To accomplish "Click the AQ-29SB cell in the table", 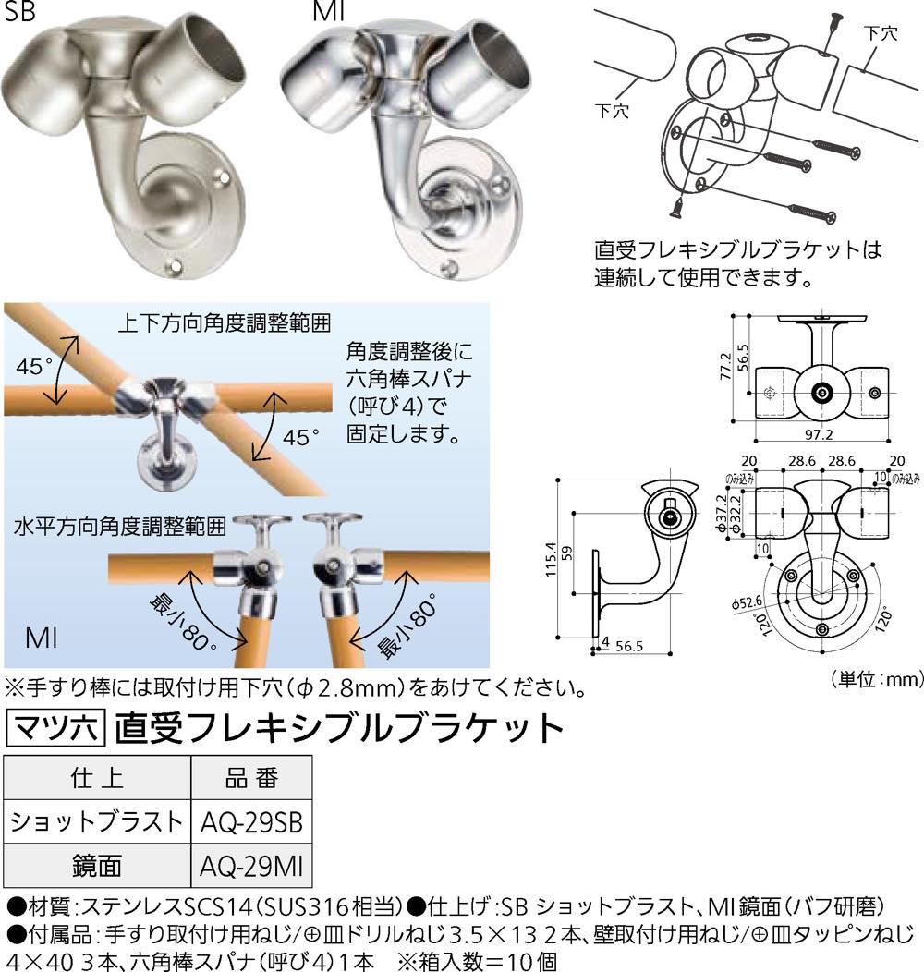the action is pyautogui.click(x=251, y=822).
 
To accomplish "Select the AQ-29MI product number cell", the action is pyautogui.click(x=251, y=866).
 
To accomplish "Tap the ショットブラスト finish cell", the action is pyautogui.click(x=97, y=822).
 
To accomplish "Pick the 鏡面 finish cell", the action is pyautogui.click(x=97, y=866).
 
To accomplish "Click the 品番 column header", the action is pyautogui.click(x=251, y=778).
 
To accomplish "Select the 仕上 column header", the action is pyautogui.click(x=97, y=778).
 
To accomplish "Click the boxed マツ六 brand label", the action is pyautogui.click(x=55, y=728).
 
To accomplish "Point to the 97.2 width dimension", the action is pyautogui.click(x=819, y=434).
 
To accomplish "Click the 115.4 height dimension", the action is pyautogui.click(x=551, y=559).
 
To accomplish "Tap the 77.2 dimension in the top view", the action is pyautogui.click(x=726, y=367).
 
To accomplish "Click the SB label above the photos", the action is pyautogui.click(x=19, y=11).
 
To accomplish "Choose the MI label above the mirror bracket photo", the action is pyautogui.click(x=329, y=11).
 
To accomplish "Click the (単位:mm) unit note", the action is pyautogui.click(x=877, y=679).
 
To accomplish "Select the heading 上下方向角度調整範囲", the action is pyautogui.click(x=225, y=323).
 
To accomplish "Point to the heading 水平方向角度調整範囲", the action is pyautogui.click(x=120, y=527).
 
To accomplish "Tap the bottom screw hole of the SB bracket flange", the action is pyautogui.click(x=174, y=268).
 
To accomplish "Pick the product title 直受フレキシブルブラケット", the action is pyautogui.click(x=339, y=728).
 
